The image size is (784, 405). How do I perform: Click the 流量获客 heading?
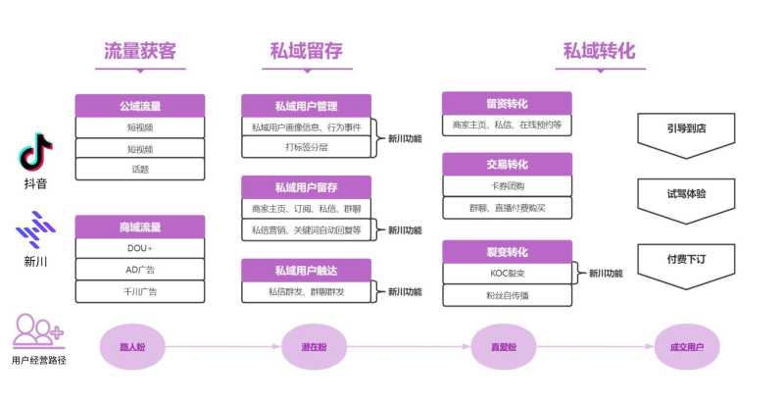[x=140, y=51]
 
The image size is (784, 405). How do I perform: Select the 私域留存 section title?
[x=306, y=51]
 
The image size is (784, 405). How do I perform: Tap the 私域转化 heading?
[x=600, y=51]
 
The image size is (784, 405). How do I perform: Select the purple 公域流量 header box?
[x=140, y=105]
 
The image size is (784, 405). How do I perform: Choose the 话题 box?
[x=140, y=169]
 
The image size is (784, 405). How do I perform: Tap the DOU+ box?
[x=140, y=248]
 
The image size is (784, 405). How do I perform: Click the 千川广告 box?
[x=140, y=291]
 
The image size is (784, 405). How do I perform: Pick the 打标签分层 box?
[x=306, y=148]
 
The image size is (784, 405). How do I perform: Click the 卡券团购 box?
[x=507, y=186]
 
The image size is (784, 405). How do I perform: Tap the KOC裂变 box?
[x=507, y=274]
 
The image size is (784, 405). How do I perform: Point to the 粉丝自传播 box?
[x=507, y=295]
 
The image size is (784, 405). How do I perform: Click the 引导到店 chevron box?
[x=686, y=127]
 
